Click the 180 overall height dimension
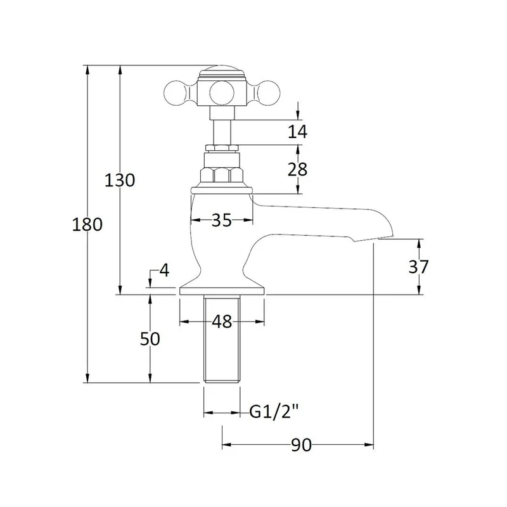87,224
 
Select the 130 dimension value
120,180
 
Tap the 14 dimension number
298,132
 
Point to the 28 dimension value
298,169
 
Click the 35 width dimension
222,220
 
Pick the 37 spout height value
418,266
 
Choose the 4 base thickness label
164,271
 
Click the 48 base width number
222,322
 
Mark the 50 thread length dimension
150,339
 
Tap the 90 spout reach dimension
301,446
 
